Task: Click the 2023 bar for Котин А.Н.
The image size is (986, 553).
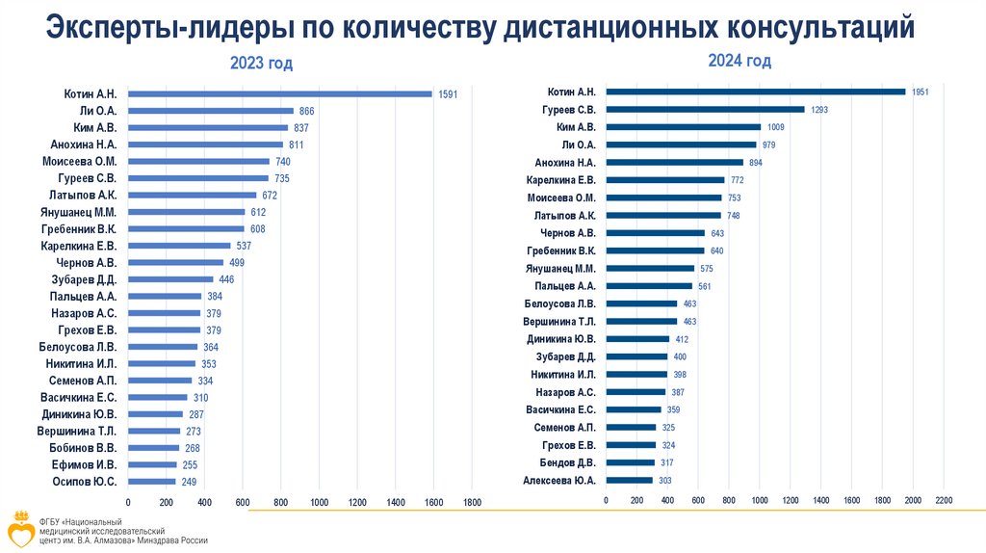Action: tap(279, 93)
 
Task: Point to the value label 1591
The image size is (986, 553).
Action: tap(448, 94)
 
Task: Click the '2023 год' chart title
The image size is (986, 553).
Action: tap(261, 64)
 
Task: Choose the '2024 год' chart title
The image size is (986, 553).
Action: tap(739, 61)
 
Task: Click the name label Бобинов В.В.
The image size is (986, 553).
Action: tap(83, 447)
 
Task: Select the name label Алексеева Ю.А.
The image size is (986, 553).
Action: tap(559, 479)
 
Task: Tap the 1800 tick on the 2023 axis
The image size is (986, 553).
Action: tap(472, 502)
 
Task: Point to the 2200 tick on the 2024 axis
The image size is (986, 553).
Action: tap(944, 500)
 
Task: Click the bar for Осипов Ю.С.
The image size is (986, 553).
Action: tap(152, 481)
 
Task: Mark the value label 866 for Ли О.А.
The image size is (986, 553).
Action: tap(307, 112)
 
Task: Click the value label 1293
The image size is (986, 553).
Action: tap(819, 110)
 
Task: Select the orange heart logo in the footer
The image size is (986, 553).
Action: tap(18, 527)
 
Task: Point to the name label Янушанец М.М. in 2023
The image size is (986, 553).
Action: tap(79, 212)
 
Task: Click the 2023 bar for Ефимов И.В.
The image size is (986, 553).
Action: tap(152, 464)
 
